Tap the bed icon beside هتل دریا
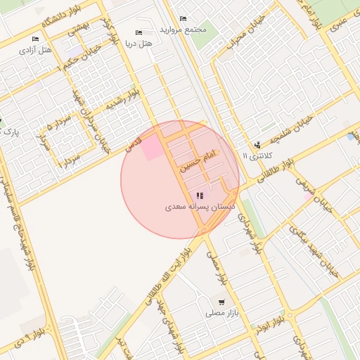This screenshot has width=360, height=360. (139, 33)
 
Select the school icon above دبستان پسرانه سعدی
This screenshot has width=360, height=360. (200, 195)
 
